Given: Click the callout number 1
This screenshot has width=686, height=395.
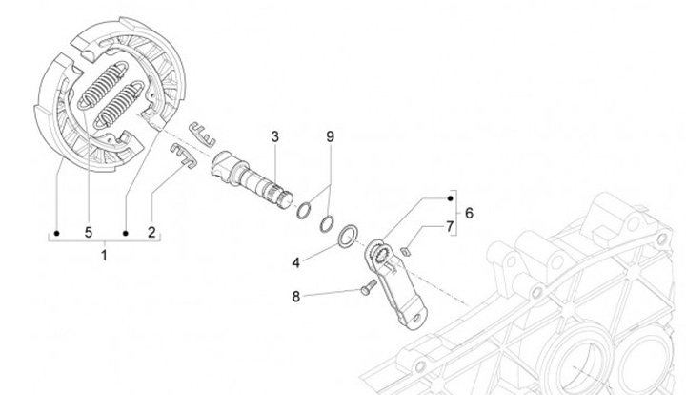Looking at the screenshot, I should (x=105, y=254).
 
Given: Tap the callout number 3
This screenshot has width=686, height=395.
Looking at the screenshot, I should (x=273, y=137).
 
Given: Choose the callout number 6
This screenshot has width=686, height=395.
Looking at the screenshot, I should (x=468, y=212).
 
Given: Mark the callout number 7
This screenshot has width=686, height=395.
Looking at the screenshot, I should (x=450, y=226).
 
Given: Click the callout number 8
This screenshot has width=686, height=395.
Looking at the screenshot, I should (x=296, y=296).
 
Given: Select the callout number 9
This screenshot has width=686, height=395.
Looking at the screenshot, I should (x=330, y=137).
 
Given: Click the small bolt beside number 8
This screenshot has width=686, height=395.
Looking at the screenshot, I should (x=364, y=289).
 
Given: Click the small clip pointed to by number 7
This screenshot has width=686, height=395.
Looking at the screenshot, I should (x=404, y=251).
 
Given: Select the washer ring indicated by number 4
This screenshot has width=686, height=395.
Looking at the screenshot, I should (x=349, y=233).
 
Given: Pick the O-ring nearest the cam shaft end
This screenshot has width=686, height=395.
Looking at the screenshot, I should (x=305, y=209).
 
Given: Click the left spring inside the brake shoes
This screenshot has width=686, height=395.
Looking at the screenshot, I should (x=94, y=88).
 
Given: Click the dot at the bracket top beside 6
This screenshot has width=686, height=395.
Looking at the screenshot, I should (x=450, y=198).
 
